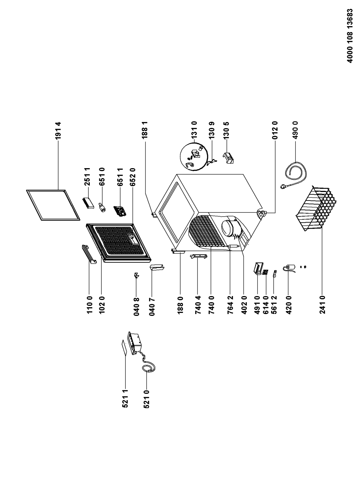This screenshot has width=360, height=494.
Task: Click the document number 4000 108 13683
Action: (x=350, y=36)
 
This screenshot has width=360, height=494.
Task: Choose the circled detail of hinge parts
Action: (x=193, y=156)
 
